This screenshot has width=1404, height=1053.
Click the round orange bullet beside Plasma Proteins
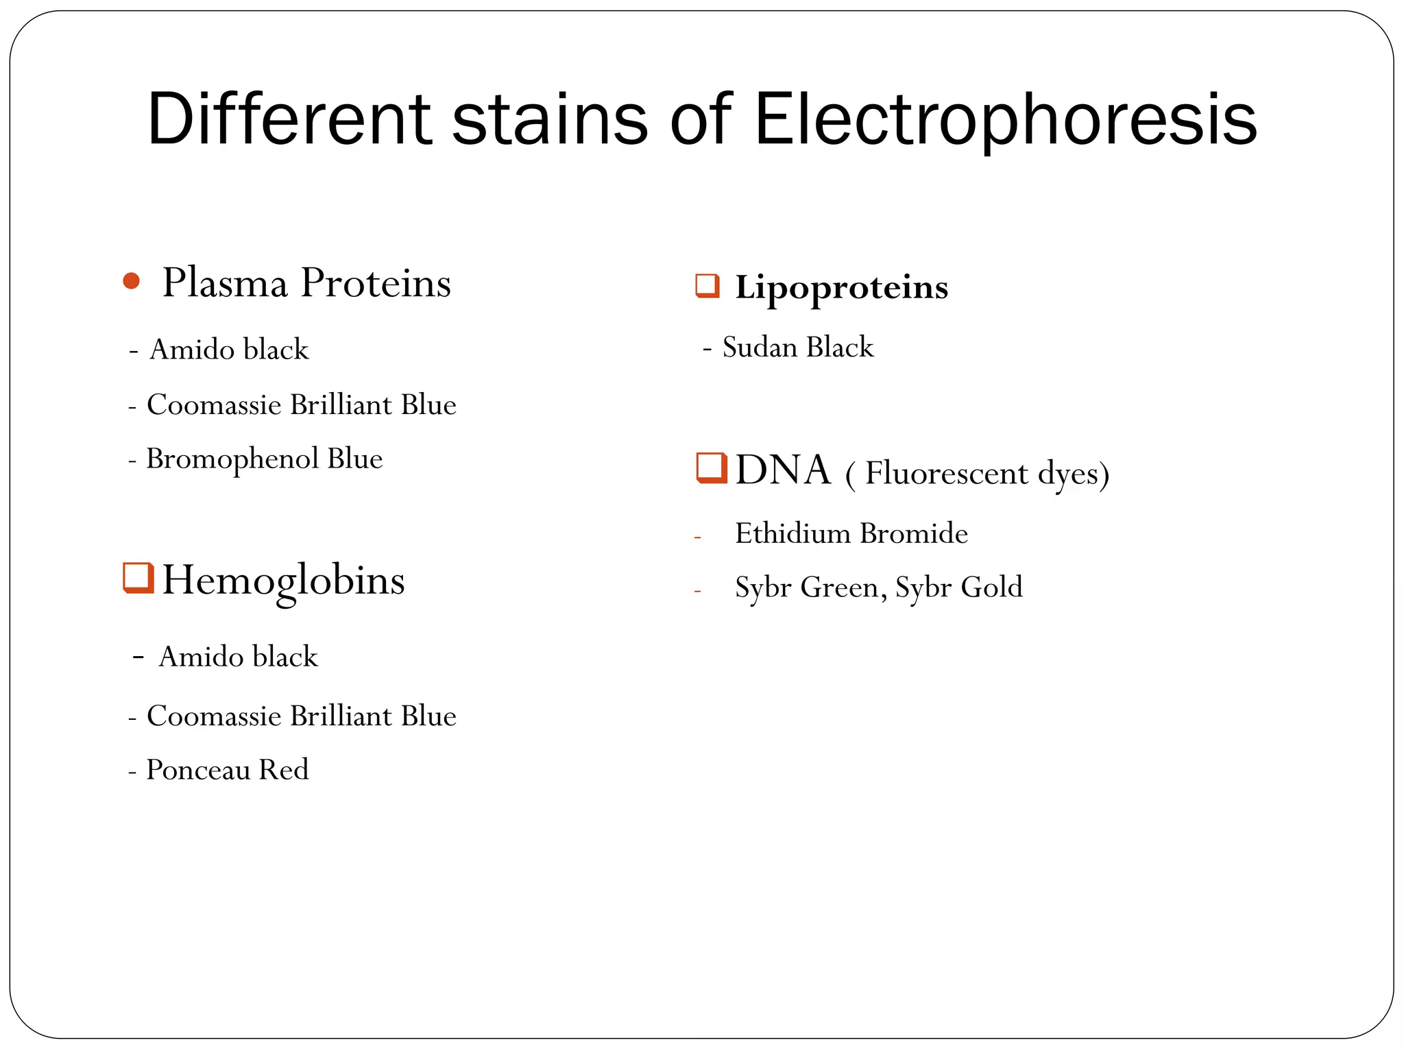tap(131, 280)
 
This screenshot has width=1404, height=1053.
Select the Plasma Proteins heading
tap(306, 282)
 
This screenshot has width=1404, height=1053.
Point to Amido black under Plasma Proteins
tap(229, 350)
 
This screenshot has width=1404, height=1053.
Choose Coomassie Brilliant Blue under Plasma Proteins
tap(301, 404)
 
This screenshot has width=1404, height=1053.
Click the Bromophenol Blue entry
tap(264, 459)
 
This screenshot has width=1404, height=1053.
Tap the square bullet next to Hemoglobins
tap(138, 577)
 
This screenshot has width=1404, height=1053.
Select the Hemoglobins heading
tap(283, 581)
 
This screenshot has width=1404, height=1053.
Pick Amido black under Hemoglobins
tap(238, 657)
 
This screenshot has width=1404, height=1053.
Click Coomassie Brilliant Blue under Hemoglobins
tap(301, 716)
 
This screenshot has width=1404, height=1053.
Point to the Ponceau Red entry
tap(227, 770)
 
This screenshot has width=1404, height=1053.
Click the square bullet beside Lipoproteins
tap(707, 286)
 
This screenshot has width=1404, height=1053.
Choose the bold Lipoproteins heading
tap(841, 287)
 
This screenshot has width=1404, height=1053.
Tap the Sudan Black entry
tap(798, 348)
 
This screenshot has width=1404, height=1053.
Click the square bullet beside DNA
tap(711, 468)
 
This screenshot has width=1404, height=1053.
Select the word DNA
tap(783, 471)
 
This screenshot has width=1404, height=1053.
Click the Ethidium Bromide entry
tap(851, 533)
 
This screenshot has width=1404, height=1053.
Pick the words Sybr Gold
tap(958, 588)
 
